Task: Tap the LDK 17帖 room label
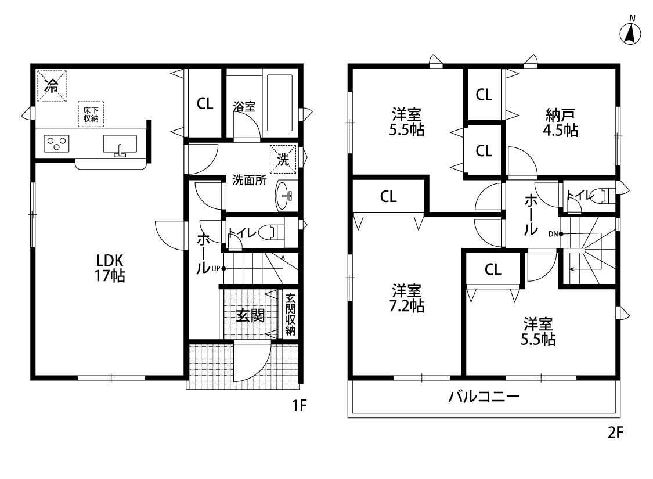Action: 110,268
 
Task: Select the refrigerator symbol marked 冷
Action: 52,86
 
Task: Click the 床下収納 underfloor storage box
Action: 91,114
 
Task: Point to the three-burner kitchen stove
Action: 57,144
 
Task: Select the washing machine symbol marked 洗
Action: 283,159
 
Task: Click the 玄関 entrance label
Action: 250,315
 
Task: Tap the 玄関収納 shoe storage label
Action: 291,315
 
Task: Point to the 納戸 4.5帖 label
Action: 560,123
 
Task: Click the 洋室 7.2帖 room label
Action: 406,298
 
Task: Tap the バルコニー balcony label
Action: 484,396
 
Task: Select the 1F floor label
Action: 300,405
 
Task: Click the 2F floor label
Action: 615,433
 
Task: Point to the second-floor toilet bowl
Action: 602,195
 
